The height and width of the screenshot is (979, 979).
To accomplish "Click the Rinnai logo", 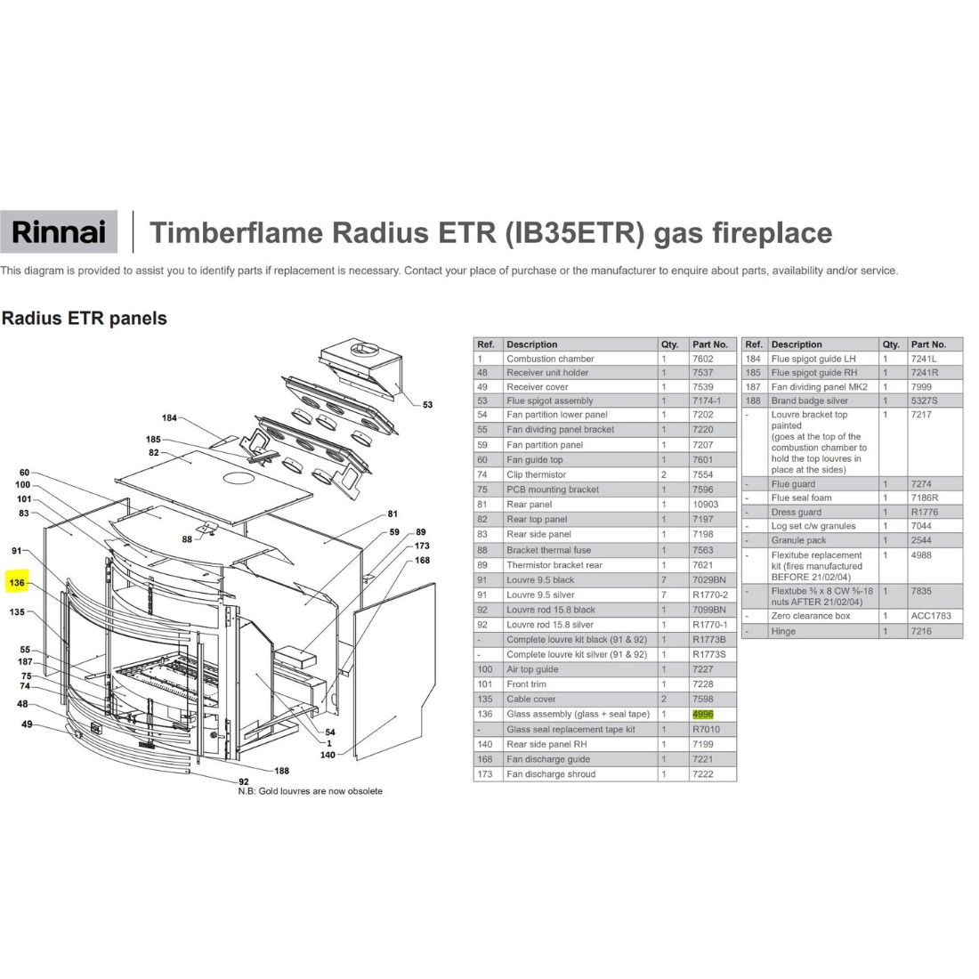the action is click(59, 232).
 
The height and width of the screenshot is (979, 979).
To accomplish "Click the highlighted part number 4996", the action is click(702, 715).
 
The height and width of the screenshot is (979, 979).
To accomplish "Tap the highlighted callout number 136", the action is click(17, 583).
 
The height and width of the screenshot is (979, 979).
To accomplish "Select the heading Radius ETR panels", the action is click(85, 319).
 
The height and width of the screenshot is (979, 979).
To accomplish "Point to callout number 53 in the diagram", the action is click(428, 405).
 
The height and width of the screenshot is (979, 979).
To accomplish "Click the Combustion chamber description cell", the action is click(550, 359).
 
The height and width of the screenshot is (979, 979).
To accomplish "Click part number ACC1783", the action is click(931, 616).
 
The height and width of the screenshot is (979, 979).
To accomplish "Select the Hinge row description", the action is click(783, 631).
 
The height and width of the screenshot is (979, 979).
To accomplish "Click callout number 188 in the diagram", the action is click(281, 771).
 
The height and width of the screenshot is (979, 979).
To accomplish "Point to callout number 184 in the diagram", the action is click(169, 417).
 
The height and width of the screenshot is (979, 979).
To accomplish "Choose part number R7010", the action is click(706, 729).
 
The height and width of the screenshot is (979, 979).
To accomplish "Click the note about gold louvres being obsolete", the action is click(310, 791).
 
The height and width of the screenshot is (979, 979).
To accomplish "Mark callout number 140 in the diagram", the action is click(328, 755).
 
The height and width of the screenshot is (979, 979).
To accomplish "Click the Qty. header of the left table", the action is click(669, 344).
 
